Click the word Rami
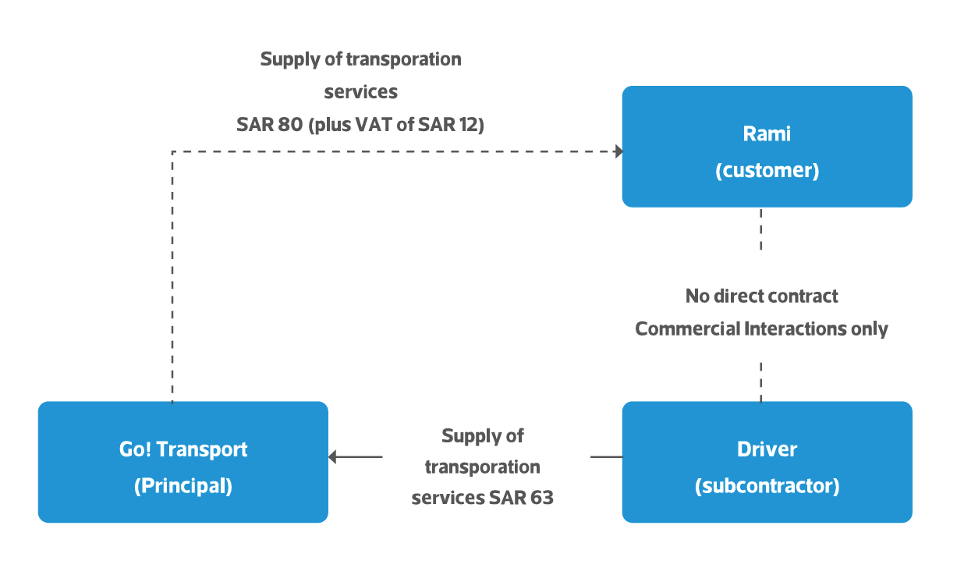click(x=767, y=134)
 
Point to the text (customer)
click(x=767, y=171)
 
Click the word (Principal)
click(x=183, y=486)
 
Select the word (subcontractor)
click(x=767, y=486)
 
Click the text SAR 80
click(x=270, y=125)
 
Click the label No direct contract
click(x=761, y=296)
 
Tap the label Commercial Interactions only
click(x=761, y=328)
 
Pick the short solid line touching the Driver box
click(x=606, y=457)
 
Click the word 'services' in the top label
click(x=360, y=92)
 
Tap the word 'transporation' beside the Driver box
click(x=482, y=467)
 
